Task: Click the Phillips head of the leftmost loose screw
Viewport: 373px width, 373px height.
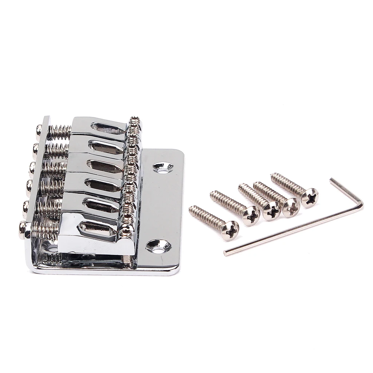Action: tap(230, 231)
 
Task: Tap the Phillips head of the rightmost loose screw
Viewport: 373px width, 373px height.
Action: tap(310, 198)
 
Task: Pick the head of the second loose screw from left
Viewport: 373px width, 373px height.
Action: tap(251, 216)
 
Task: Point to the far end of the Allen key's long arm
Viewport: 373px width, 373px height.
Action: tap(226, 253)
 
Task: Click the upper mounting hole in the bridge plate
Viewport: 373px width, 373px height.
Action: tap(163, 167)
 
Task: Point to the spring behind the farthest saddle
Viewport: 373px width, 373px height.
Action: tap(59, 132)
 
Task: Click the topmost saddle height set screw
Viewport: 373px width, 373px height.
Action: tap(135, 119)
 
